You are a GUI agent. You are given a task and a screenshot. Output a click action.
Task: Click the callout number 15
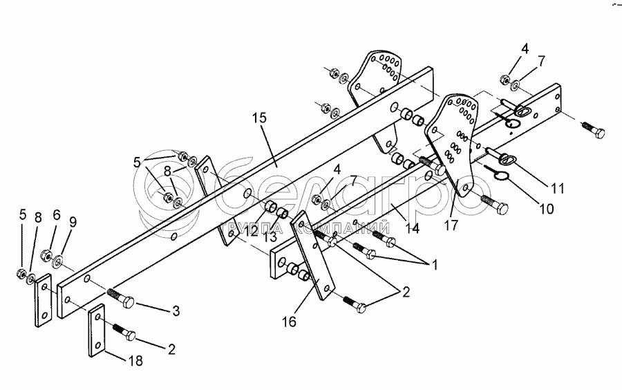[258, 118]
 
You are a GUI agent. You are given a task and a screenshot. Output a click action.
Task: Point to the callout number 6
[57, 215]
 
